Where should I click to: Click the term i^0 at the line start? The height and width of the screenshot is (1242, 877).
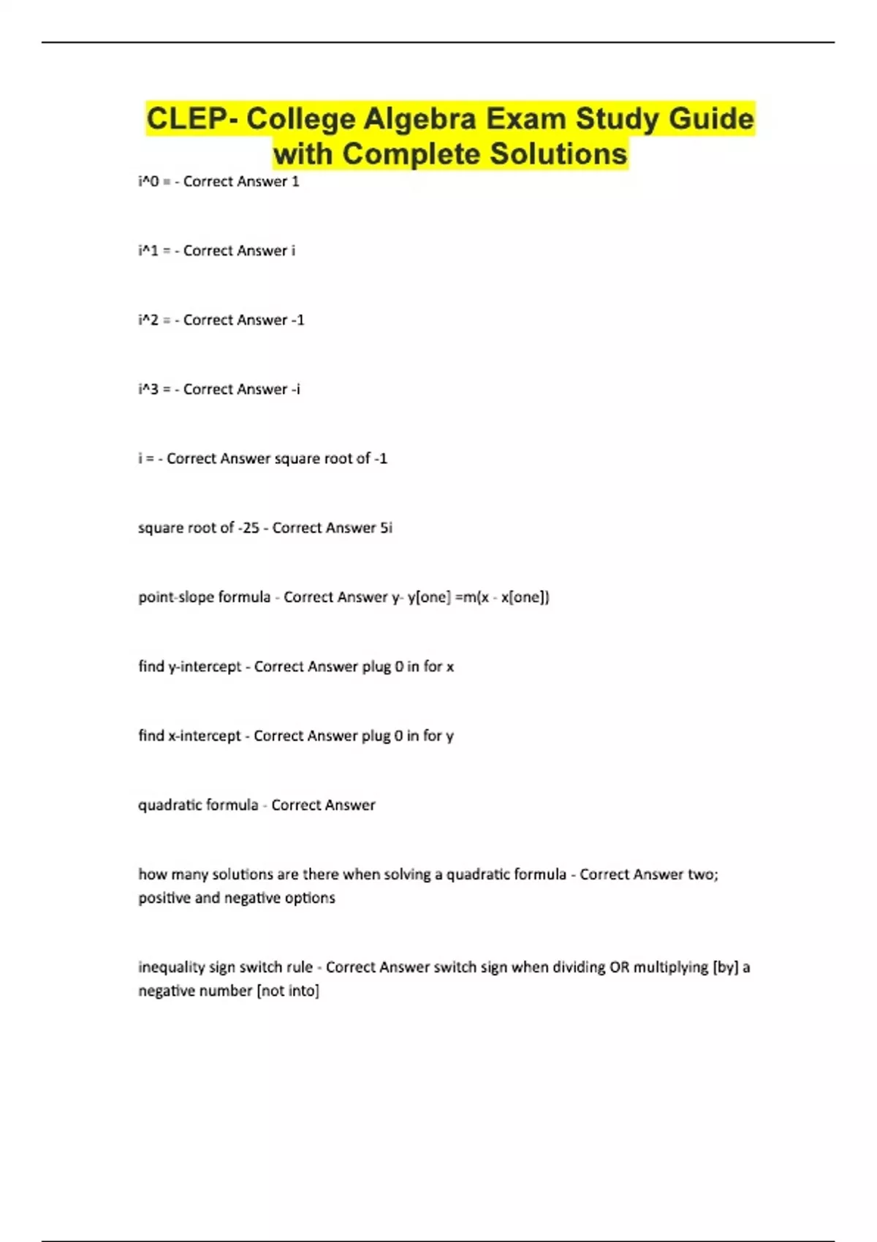148,181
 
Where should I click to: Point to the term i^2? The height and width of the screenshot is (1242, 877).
148,320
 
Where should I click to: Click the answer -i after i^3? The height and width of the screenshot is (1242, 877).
295,389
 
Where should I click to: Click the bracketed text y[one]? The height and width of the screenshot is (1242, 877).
429,597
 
